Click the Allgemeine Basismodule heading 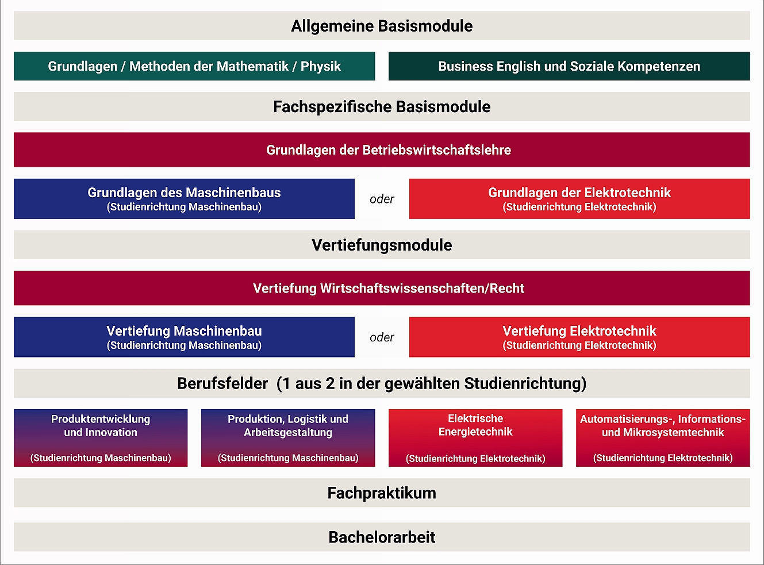(382, 26)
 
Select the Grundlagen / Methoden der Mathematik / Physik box (194, 66)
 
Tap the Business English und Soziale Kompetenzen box (569, 66)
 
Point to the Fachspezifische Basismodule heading (382, 106)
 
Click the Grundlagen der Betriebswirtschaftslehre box (382, 150)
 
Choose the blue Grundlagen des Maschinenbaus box (184, 199)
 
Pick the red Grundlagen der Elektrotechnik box (579, 199)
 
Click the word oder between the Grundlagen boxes (382, 199)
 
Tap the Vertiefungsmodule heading (382, 245)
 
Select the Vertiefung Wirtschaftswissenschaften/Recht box (382, 288)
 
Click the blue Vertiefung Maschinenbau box (184, 337)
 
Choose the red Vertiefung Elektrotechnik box (579, 337)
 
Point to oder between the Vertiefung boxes (382, 337)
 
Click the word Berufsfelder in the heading (222, 383)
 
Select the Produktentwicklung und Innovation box (101, 438)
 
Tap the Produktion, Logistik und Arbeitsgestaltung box (288, 438)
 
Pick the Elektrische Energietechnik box (475, 438)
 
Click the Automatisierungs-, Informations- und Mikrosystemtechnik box (663, 438)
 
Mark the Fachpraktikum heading (382, 493)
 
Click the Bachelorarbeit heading (382, 537)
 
